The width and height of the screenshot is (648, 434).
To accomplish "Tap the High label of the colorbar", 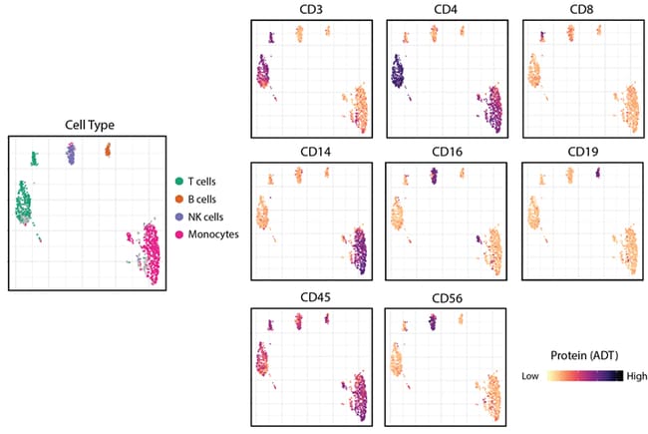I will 639,376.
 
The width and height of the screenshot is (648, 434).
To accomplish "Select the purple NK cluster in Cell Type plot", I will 71,153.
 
